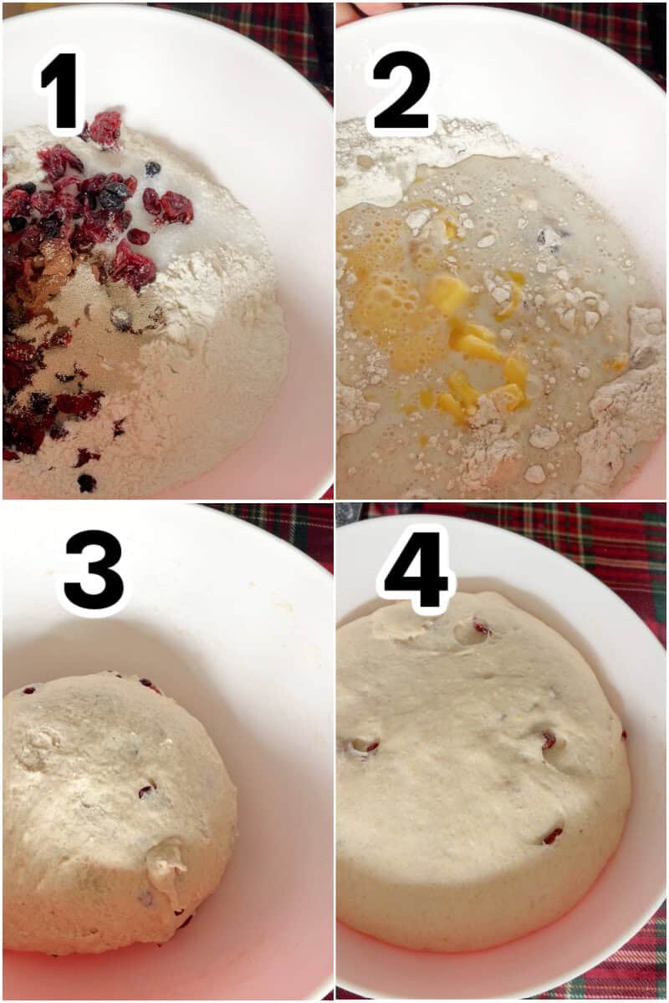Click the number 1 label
pyautogui.click(x=63, y=92)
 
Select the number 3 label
pyautogui.click(x=93, y=570)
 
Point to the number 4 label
pyautogui.click(x=416, y=568)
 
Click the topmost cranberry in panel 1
pyautogui.click(x=105, y=128)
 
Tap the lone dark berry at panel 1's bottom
pyautogui.click(x=86, y=482)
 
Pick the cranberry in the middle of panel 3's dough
pyautogui.click(x=147, y=789)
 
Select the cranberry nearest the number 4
pyautogui.click(x=482, y=627)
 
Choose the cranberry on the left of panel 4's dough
pyautogui.click(x=366, y=746)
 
